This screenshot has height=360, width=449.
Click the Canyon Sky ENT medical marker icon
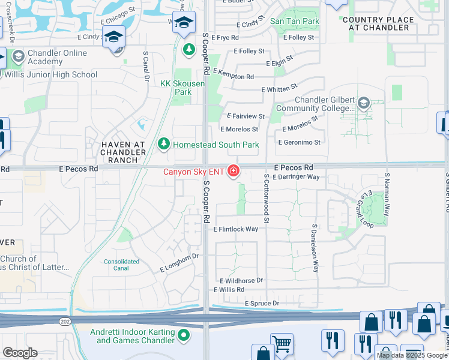coord(233,172)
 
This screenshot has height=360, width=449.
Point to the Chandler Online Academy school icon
coord(17,58)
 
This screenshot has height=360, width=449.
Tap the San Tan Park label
coord(294,21)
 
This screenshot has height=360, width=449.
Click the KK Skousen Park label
coord(182,88)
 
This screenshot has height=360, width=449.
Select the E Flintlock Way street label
coord(236,229)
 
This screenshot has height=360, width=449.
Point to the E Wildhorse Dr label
coord(241,280)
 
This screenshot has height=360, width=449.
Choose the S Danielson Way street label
coord(314,249)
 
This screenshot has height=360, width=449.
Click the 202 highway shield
coord(63,322)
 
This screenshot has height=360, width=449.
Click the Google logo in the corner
coord(20,353)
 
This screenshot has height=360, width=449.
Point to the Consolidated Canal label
coord(122,265)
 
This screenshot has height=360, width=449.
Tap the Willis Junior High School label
coord(50,75)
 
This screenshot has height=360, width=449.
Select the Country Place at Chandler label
coord(378,24)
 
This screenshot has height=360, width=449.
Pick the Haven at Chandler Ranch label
coord(123,152)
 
